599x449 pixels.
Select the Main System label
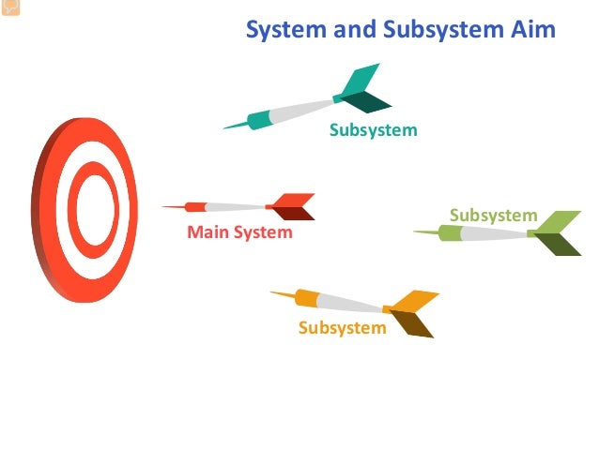[239, 232]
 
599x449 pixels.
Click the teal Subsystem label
[373, 130]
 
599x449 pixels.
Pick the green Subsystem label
[493, 216]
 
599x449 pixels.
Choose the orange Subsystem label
[342, 327]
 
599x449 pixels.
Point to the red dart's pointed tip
[164, 206]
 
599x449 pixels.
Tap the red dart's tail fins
[295, 206]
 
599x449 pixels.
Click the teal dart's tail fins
[362, 89]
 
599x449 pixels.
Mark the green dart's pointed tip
[416, 232]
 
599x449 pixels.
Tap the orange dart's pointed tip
[272, 292]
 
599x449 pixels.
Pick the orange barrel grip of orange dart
[308, 298]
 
